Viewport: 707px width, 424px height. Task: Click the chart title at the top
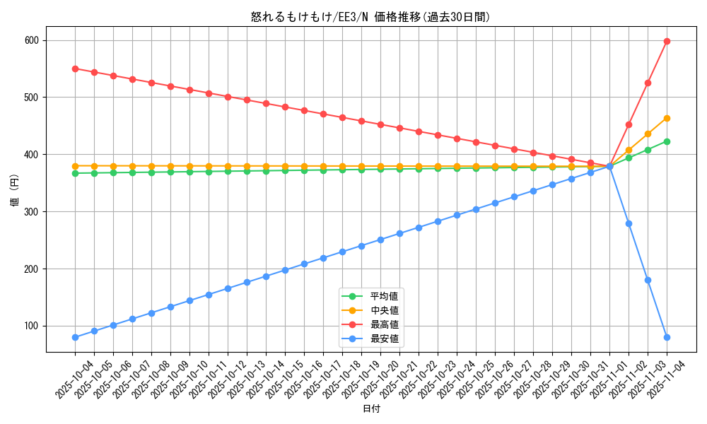point(370,17)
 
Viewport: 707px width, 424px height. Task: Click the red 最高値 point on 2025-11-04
point(667,41)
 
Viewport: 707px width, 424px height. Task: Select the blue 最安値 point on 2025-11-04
point(667,337)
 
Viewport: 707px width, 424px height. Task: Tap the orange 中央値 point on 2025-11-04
point(667,118)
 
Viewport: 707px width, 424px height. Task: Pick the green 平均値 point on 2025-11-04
point(667,141)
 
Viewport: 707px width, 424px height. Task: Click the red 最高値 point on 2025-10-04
point(75,69)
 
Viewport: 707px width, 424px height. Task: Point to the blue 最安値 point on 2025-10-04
point(75,337)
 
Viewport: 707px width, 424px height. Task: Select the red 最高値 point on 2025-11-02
point(629,124)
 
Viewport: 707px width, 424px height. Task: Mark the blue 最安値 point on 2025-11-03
point(648,280)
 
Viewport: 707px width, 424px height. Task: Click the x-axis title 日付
point(370,409)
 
